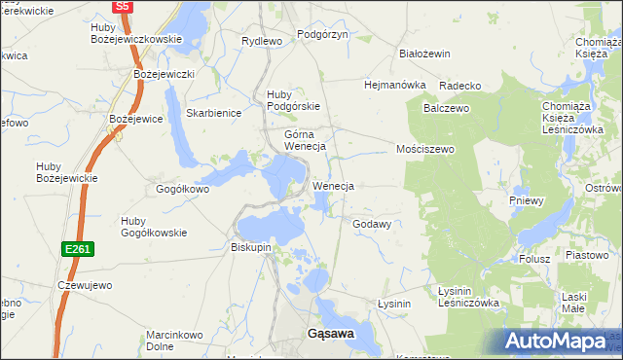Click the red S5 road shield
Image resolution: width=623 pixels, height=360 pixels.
click(x=122, y=6)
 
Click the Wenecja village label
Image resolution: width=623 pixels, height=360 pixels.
click(x=333, y=185)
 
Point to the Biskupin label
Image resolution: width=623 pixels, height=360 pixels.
click(x=251, y=247)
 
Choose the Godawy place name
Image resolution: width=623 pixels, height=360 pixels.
click(x=371, y=224)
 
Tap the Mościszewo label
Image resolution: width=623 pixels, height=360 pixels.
click(x=425, y=149)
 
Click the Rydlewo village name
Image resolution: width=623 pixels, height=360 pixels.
click(x=261, y=41)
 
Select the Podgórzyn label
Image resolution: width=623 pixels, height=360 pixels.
click(x=322, y=33)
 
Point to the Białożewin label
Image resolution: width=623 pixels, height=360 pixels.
click(x=424, y=54)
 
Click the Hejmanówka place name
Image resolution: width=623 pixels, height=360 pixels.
click(x=395, y=85)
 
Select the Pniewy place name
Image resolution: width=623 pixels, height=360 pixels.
click(x=527, y=200)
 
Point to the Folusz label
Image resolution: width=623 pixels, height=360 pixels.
click(x=534, y=259)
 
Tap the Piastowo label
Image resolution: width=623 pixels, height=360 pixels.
click(x=586, y=254)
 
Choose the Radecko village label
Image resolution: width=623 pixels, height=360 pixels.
click(x=459, y=86)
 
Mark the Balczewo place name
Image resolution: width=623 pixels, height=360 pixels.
click(x=446, y=108)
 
